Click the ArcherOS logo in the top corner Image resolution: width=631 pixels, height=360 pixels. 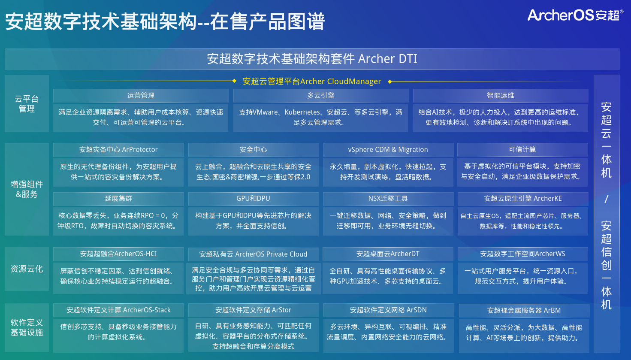575,15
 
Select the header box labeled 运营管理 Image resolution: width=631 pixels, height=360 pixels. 141,96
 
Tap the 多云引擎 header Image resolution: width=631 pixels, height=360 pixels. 320,96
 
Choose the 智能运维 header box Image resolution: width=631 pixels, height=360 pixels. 501,96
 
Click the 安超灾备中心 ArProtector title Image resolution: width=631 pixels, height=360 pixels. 118,150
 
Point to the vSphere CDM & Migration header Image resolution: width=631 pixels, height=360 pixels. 388,150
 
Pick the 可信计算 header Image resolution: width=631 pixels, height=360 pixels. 522,150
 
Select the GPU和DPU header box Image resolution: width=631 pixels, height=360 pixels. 253,199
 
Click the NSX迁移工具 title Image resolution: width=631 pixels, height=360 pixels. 388,199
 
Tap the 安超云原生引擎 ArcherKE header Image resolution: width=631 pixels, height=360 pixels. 523,199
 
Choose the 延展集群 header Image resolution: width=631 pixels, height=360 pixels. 118,199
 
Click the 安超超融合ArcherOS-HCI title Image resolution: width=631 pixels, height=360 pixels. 118,254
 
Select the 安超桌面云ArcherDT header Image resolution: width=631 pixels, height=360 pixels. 388,254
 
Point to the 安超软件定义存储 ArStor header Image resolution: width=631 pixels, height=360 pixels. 253,310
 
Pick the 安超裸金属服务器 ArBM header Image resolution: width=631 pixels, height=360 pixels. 524,310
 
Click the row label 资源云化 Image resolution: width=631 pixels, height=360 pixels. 27,269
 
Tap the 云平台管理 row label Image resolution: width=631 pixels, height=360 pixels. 27,104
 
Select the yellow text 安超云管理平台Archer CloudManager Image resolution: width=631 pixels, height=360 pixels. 312,82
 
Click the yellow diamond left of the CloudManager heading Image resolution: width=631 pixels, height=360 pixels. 234,81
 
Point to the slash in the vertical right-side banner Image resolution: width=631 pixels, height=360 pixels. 607,199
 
